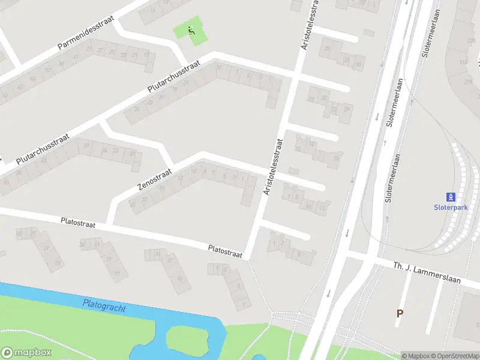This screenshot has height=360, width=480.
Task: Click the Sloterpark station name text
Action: click(x=450, y=208)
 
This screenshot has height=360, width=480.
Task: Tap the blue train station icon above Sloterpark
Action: click(x=450, y=197)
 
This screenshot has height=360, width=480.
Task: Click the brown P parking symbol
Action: click(x=400, y=313)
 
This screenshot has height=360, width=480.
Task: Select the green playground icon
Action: click(x=192, y=31)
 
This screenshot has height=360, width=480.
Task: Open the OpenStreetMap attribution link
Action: click(x=454, y=356)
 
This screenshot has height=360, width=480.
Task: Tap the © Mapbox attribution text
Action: click(x=415, y=356)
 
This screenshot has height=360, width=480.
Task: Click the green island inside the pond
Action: click(x=186, y=339)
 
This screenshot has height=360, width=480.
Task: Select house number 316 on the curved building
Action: click(x=464, y=62)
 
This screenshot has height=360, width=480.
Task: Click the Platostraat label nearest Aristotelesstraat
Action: click(x=225, y=251)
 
